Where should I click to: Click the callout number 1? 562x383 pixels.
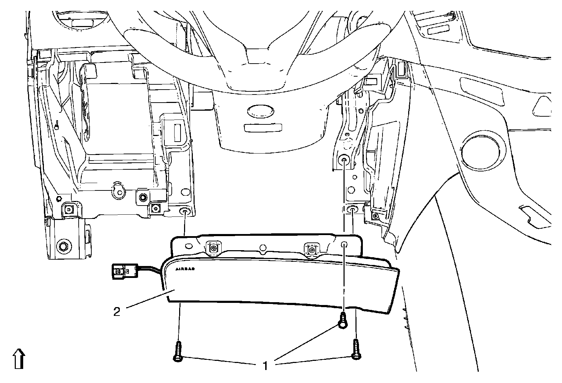[x=266, y=366]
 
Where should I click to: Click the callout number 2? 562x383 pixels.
[x=117, y=311]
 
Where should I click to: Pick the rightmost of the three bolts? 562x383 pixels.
[x=356, y=350]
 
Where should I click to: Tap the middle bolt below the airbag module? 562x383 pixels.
[x=342, y=320]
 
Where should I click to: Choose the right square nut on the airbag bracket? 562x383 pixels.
[x=311, y=250]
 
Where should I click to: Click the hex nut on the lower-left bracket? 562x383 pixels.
[x=64, y=245]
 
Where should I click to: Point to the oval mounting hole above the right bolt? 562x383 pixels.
[x=352, y=210]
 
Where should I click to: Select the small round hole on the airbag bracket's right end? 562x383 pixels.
[x=344, y=245]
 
